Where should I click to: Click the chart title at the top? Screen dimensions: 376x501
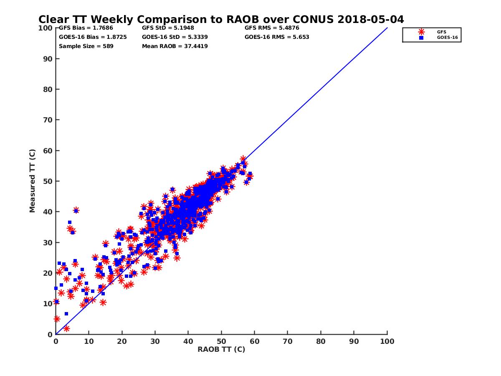221,20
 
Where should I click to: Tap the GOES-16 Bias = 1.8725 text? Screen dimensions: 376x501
93,37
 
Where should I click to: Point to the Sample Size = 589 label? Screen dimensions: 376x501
86,46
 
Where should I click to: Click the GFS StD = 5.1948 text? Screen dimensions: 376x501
168,28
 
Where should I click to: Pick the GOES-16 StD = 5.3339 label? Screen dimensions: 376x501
175,37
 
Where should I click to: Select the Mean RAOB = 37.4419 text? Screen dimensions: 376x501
175,46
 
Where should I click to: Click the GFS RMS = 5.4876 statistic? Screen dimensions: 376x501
272,28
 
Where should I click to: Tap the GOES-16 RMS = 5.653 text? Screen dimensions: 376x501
277,37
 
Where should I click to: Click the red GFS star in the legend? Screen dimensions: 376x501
421,32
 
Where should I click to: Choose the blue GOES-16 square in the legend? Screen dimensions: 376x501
421,38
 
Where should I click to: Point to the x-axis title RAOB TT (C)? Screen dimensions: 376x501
221,349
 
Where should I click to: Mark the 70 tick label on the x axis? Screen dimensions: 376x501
288,341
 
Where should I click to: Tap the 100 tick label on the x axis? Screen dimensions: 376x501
387,341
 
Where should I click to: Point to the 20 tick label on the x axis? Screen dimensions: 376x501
122,341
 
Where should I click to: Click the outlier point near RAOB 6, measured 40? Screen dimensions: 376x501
76,210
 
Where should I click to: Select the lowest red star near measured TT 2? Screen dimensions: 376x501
66,328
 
